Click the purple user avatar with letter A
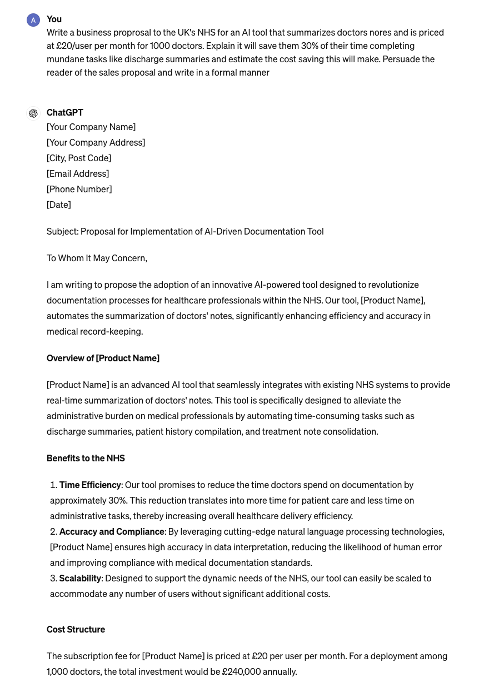(x=33, y=20)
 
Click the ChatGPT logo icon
(x=33, y=113)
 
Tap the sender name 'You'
(x=54, y=19)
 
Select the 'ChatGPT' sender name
(x=65, y=112)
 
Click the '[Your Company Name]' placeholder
(x=91, y=127)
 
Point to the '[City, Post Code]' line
(x=79, y=158)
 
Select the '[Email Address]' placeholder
(x=78, y=173)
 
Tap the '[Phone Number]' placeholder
(x=79, y=189)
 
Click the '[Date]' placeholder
(x=59, y=205)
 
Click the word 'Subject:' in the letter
(x=62, y=231)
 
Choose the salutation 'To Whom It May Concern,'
(x=97, y=258)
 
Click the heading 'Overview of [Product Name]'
(x=103, y=358)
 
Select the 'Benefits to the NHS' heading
(x=86, y=458)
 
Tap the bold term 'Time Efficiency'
(x=90, y=485)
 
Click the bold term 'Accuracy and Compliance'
(x=112, y=531)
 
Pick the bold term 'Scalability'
(x=80, y=578)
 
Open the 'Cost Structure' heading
(x=76, y=629)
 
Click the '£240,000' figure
(x=241, y=671)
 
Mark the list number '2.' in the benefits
(x=54, y=531)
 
